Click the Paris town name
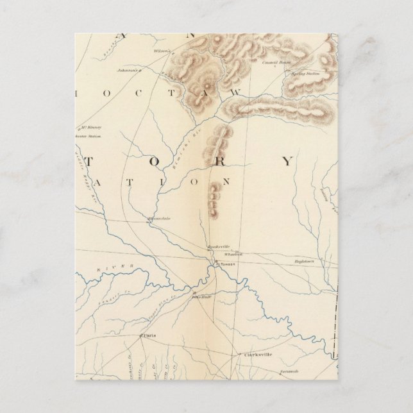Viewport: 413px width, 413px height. pyautogui.click(x=149, y=335)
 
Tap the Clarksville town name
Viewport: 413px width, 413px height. pyautogui.click(x=258, y=353)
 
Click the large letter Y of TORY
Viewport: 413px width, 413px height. pyautogui.click(x=287, y=160)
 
